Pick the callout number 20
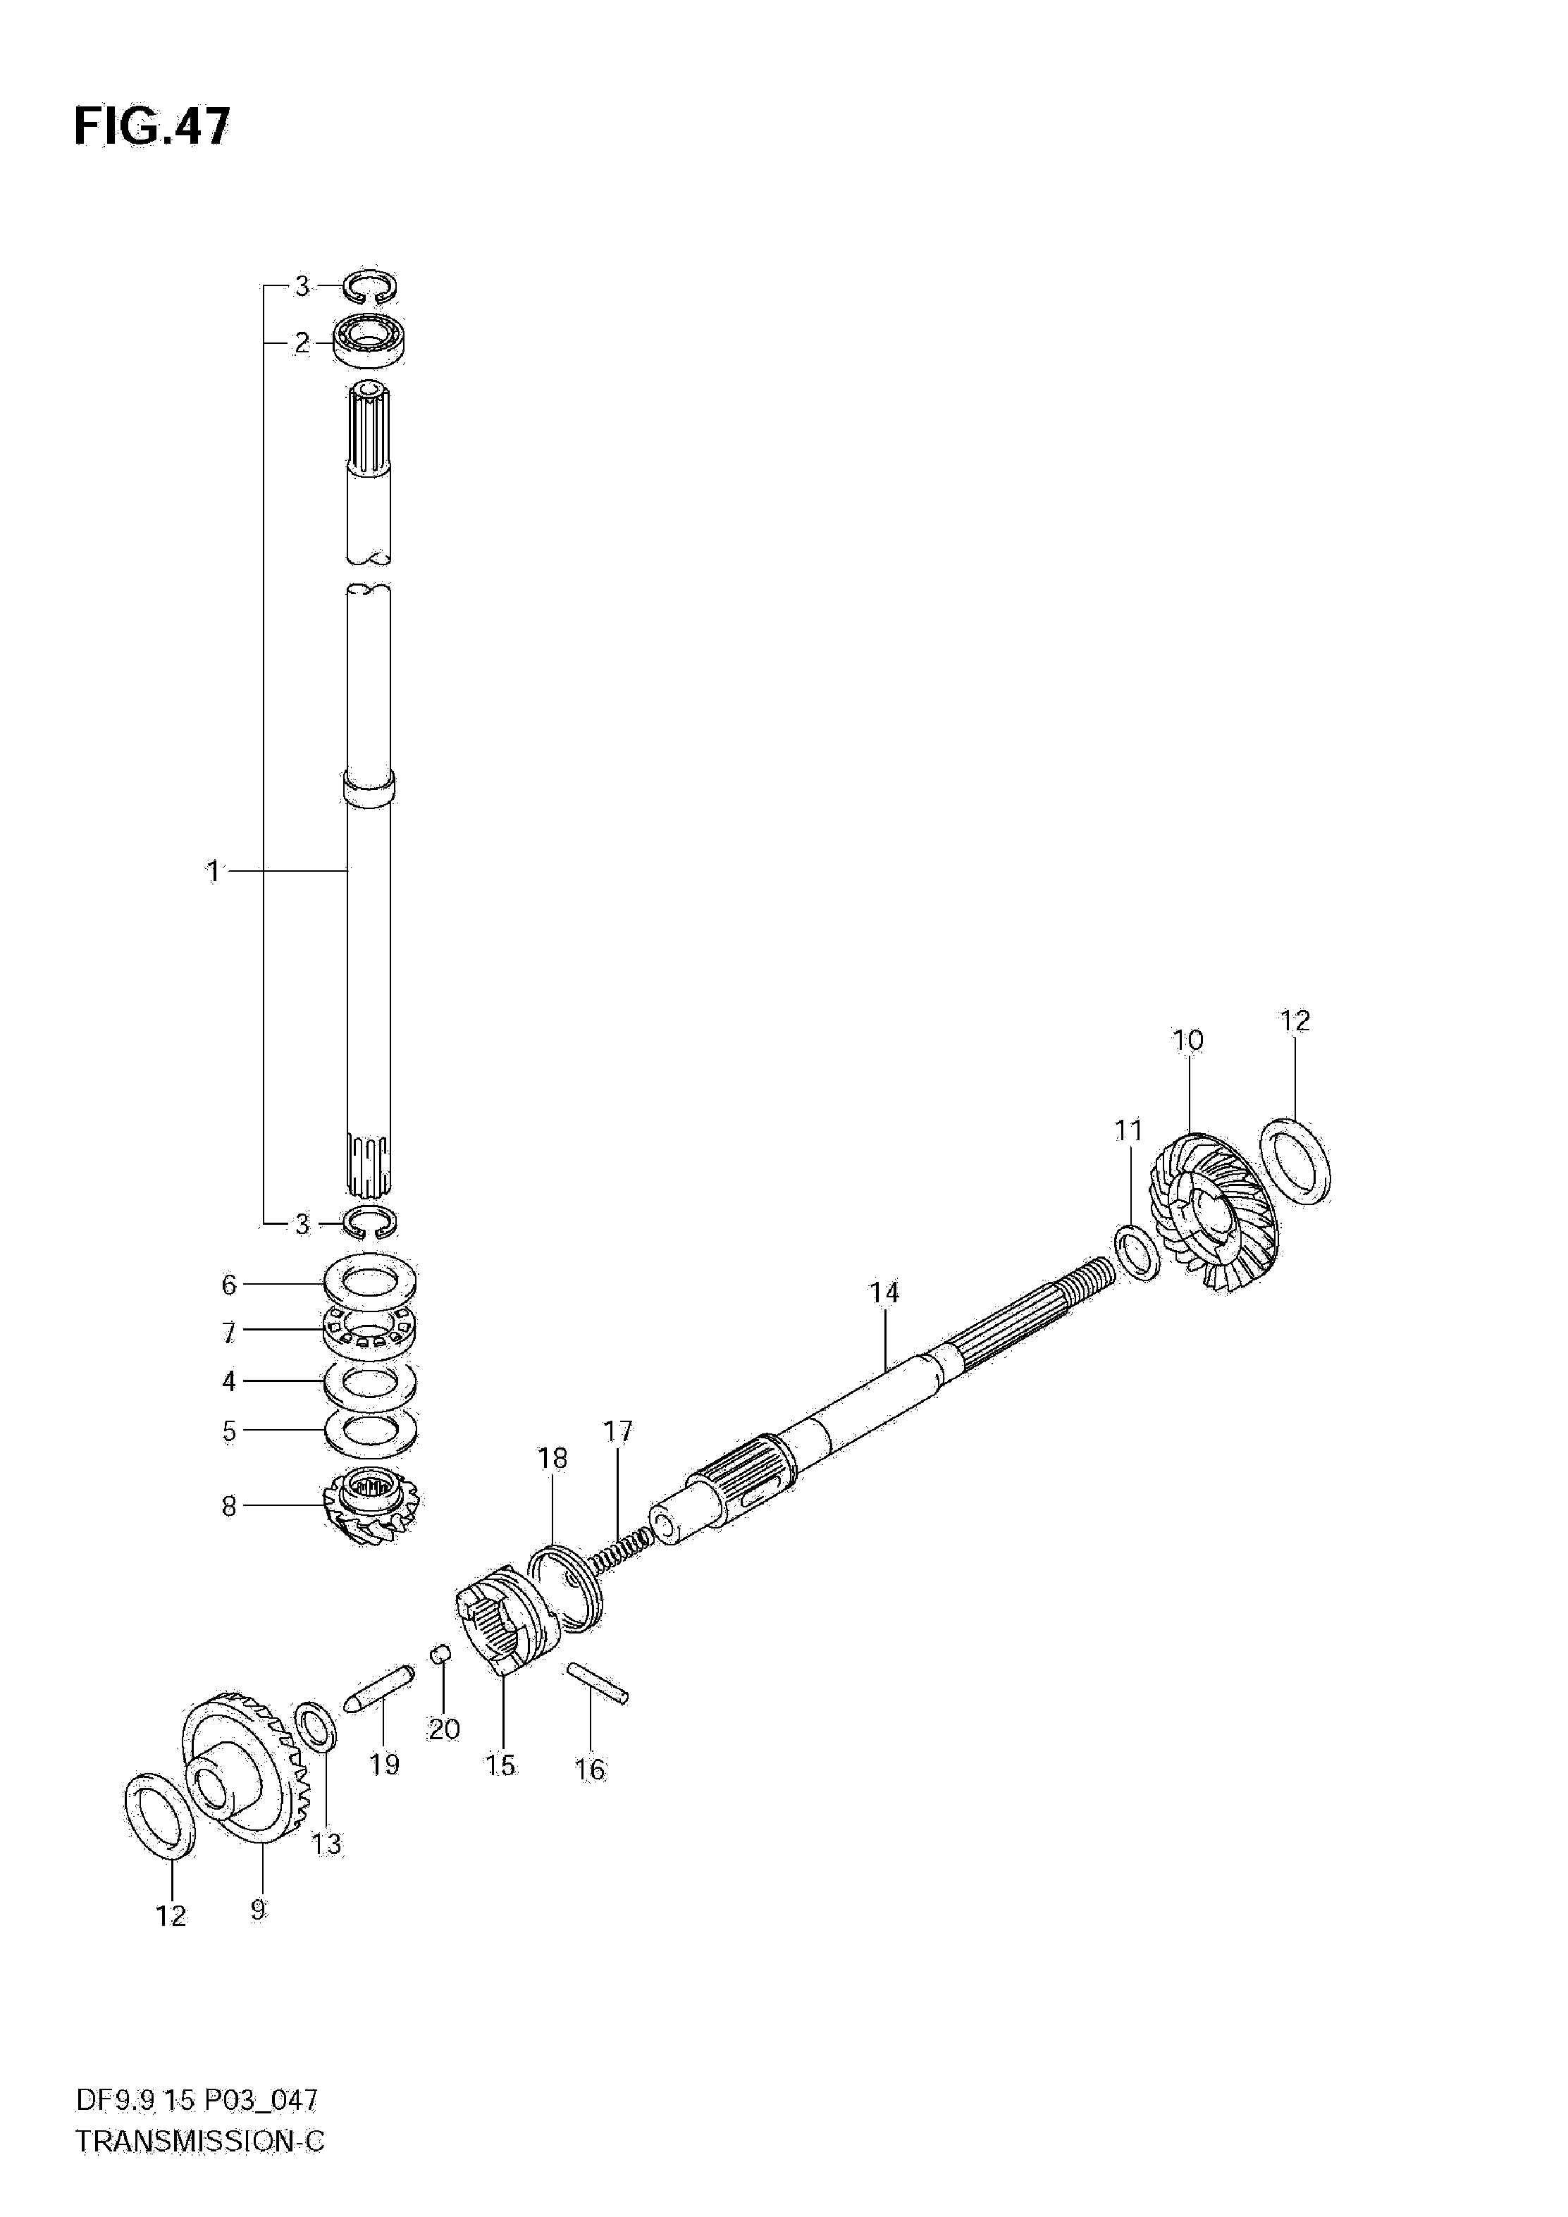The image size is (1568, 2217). tap(444, 1729)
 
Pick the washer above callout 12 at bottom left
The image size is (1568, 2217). tap(160, 1815)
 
